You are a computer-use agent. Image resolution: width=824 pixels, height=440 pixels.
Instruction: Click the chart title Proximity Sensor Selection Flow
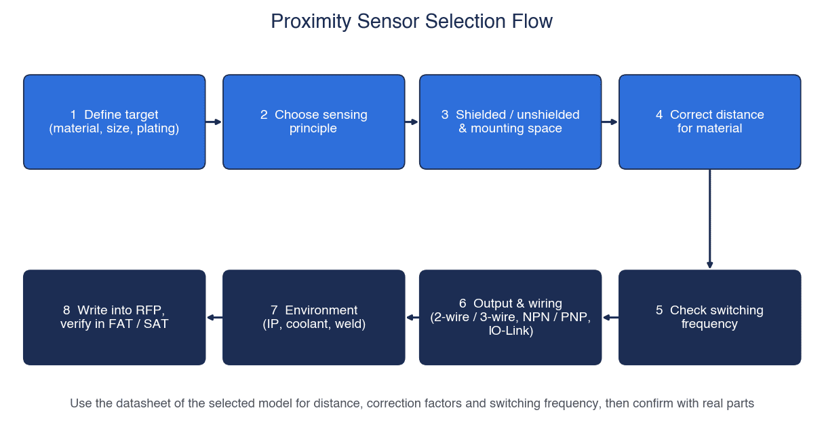click(412, 21)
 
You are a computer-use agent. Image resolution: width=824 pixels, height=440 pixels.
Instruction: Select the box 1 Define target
click(115, 122)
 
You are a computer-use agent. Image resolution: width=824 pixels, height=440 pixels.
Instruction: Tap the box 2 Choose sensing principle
click(314, 122)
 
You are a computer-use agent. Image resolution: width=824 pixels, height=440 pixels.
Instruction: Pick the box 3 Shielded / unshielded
click(510, 122)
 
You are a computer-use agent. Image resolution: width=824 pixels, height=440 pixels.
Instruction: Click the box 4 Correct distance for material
click(709, 122)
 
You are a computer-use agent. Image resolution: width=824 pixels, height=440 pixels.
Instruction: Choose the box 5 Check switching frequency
click(709, 317)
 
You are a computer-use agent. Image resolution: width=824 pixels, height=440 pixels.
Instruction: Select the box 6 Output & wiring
click(510, 317)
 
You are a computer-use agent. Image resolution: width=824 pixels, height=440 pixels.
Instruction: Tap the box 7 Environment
click(314, 317)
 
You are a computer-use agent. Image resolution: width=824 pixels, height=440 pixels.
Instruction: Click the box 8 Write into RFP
click(115, 317)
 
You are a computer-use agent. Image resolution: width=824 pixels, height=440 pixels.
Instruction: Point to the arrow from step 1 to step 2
click(214, 122)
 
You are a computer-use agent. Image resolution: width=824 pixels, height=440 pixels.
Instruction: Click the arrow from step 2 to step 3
click(412, 122)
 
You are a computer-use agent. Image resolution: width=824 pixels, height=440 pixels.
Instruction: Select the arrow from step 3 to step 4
click(610, 122)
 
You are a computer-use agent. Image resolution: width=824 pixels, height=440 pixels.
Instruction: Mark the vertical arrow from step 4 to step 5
click(710, 219)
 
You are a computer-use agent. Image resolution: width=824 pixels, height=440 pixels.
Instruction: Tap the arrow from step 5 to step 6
click(610, 317)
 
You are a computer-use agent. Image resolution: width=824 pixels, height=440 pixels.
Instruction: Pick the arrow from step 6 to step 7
click(412, 317)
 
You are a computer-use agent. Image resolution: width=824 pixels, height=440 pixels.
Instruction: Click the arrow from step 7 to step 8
click(214, 317)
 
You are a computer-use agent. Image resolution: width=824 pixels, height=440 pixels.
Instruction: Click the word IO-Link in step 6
click(511, 331)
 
